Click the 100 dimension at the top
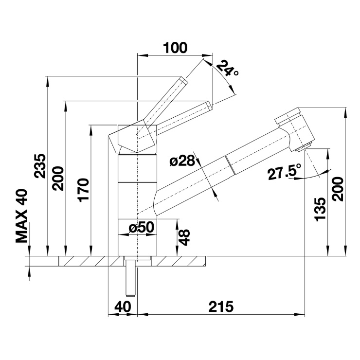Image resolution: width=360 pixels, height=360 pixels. point(175,48)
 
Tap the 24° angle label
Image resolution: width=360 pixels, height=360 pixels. point(227,69)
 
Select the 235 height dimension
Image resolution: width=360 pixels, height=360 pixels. point(40,166)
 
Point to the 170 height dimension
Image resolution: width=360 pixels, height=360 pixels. point(83,190)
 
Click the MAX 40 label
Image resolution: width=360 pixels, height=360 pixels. point(21,216)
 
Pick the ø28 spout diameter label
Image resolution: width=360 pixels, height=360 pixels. point(182,162)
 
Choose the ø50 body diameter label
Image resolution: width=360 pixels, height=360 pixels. point(142,227)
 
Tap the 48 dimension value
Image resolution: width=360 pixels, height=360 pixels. point(184,237)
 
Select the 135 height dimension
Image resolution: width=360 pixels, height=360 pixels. point(321,209)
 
